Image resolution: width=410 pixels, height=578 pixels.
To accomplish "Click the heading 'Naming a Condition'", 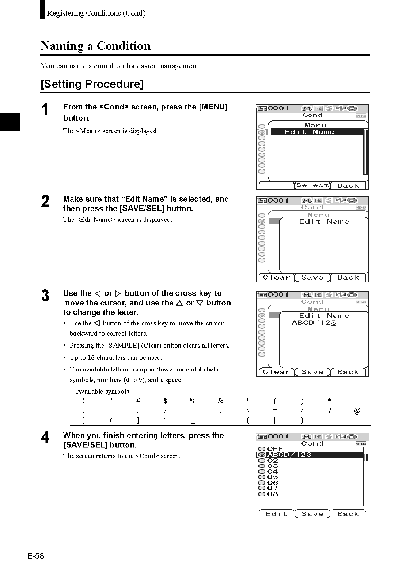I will coord(96,46).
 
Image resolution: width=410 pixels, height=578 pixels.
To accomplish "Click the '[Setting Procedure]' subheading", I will coord(92,84).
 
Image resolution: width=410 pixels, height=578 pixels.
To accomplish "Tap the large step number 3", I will coord(45,296).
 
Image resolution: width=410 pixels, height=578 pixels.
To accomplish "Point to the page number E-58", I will coord(35,556).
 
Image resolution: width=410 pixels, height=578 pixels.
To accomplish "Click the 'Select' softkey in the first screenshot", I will coord(312,185).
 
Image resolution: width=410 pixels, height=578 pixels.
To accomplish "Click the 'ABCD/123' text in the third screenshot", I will coord(314,323).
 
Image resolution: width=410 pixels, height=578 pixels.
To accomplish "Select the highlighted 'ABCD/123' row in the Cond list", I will coord(289,455).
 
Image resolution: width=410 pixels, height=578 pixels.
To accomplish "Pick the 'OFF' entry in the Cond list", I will coord(275,449).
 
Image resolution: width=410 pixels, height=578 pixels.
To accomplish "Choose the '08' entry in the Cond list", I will coord(273,494).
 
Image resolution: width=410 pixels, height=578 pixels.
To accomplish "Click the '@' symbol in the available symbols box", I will coord(357,411).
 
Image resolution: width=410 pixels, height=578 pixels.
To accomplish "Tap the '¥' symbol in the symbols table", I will coord(111,420).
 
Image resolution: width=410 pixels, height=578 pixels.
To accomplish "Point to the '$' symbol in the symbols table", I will coord(166,401).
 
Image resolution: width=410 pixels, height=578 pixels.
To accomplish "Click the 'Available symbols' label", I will coord(103,392).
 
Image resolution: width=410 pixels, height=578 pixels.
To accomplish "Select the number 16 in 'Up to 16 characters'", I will coord(91,358).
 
